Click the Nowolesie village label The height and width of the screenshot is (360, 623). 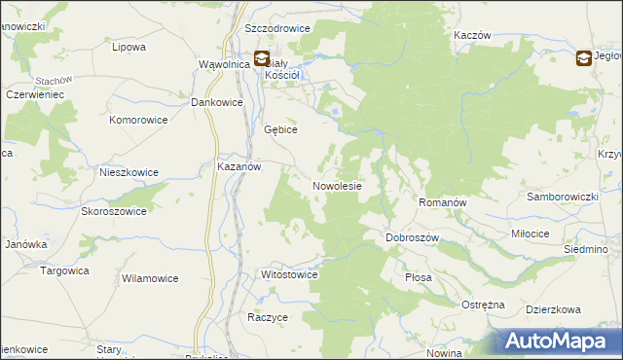[338, 186]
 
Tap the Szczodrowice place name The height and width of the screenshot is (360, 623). [278, 28]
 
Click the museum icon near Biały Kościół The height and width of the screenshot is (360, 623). [262, 58]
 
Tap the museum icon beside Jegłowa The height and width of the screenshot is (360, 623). [583, 58]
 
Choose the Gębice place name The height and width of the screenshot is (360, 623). [280, 129]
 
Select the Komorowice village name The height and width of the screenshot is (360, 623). [139, 120]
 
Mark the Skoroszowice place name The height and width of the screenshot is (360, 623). [114, 211]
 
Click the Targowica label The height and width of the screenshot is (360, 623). [64, 270]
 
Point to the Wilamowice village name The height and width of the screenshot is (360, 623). [150, 278]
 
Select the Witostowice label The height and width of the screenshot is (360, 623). [290, 274]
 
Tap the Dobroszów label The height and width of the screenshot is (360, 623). [414, 237]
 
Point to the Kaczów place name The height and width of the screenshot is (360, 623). [471, 34]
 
